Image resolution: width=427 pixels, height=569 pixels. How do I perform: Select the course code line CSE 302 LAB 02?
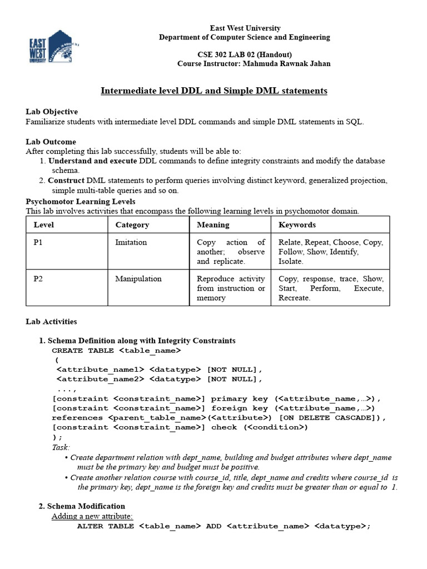point(244,54)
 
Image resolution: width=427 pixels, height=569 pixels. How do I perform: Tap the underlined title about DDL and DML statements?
point(213,91)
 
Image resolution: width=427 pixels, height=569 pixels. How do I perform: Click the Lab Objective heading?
point(52,112)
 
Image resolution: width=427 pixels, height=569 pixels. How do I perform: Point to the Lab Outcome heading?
point(51,142)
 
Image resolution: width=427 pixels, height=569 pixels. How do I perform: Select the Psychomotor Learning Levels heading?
point(81,201)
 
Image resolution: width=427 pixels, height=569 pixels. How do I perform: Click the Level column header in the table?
point(44,225)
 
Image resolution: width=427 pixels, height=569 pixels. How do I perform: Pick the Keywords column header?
point(297,225)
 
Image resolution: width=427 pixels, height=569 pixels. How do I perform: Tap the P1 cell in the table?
point(38,242)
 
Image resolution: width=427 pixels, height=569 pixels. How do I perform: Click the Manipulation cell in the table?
point(138,279)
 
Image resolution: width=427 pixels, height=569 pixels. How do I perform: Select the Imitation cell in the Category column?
point(131,242)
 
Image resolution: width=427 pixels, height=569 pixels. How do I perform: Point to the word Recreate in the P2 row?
point(294,298)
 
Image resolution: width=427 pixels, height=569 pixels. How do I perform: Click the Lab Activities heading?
point(51,322)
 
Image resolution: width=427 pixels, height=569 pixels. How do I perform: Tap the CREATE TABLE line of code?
point(116,351)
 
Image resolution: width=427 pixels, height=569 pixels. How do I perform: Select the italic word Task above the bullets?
point(61,447)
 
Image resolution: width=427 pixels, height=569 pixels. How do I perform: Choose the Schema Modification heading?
point(86,506)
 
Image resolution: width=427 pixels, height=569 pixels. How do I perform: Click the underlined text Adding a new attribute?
point(92,516)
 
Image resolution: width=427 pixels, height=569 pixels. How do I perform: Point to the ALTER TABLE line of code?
point(223,526)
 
